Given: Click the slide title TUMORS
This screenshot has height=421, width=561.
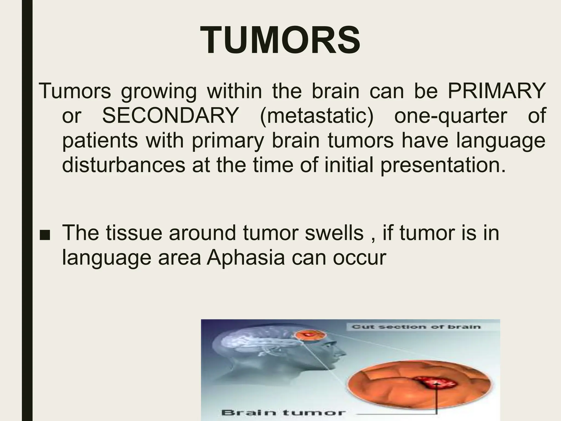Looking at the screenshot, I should tap(280, 41).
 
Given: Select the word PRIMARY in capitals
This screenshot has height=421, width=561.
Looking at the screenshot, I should tap(496, 91).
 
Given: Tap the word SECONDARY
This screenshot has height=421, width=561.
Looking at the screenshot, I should tap(170, 116).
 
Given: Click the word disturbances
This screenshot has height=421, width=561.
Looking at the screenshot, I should tap(124, 165).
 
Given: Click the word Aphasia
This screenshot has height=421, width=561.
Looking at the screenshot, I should tap(246, 258).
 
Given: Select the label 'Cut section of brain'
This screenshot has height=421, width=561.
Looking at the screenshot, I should tap(416, 327).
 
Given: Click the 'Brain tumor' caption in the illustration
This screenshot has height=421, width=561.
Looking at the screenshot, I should tap(283, 413).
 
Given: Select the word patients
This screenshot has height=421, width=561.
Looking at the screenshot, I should tap(100, 141).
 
